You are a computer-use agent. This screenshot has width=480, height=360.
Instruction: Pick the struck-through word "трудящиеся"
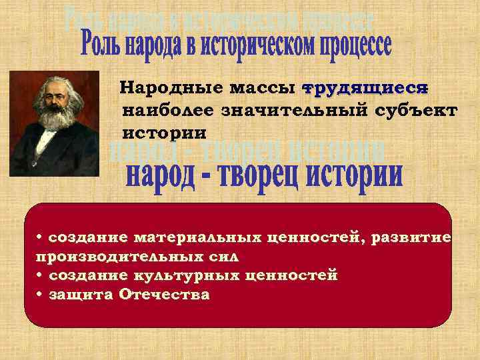365,88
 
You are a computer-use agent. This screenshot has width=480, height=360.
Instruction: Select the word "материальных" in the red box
193,237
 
